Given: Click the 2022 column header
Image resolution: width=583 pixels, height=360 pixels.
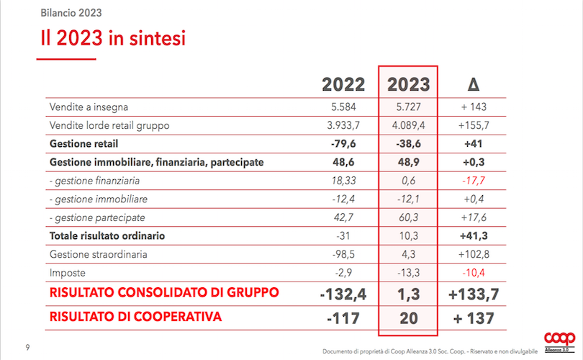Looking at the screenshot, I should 343,84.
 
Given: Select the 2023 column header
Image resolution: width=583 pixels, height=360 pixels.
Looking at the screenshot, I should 408,84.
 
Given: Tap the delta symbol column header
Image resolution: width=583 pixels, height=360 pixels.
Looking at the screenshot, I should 473,84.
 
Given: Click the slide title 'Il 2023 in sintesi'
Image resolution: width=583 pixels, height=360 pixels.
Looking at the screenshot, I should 113,38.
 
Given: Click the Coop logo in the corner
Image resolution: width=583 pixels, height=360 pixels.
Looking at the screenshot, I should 559,339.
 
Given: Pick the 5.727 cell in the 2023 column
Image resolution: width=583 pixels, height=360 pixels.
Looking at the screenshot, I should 408,107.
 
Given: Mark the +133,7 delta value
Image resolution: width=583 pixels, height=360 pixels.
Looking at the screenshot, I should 473,294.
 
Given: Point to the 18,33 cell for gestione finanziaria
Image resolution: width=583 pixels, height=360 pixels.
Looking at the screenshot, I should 343,181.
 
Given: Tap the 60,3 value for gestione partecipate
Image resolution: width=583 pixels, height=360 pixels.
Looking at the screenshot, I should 408,217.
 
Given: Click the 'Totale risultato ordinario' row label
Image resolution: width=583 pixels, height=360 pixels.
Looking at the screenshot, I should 107,236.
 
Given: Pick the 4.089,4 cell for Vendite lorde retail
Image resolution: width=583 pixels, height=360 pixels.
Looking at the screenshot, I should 408,125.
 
